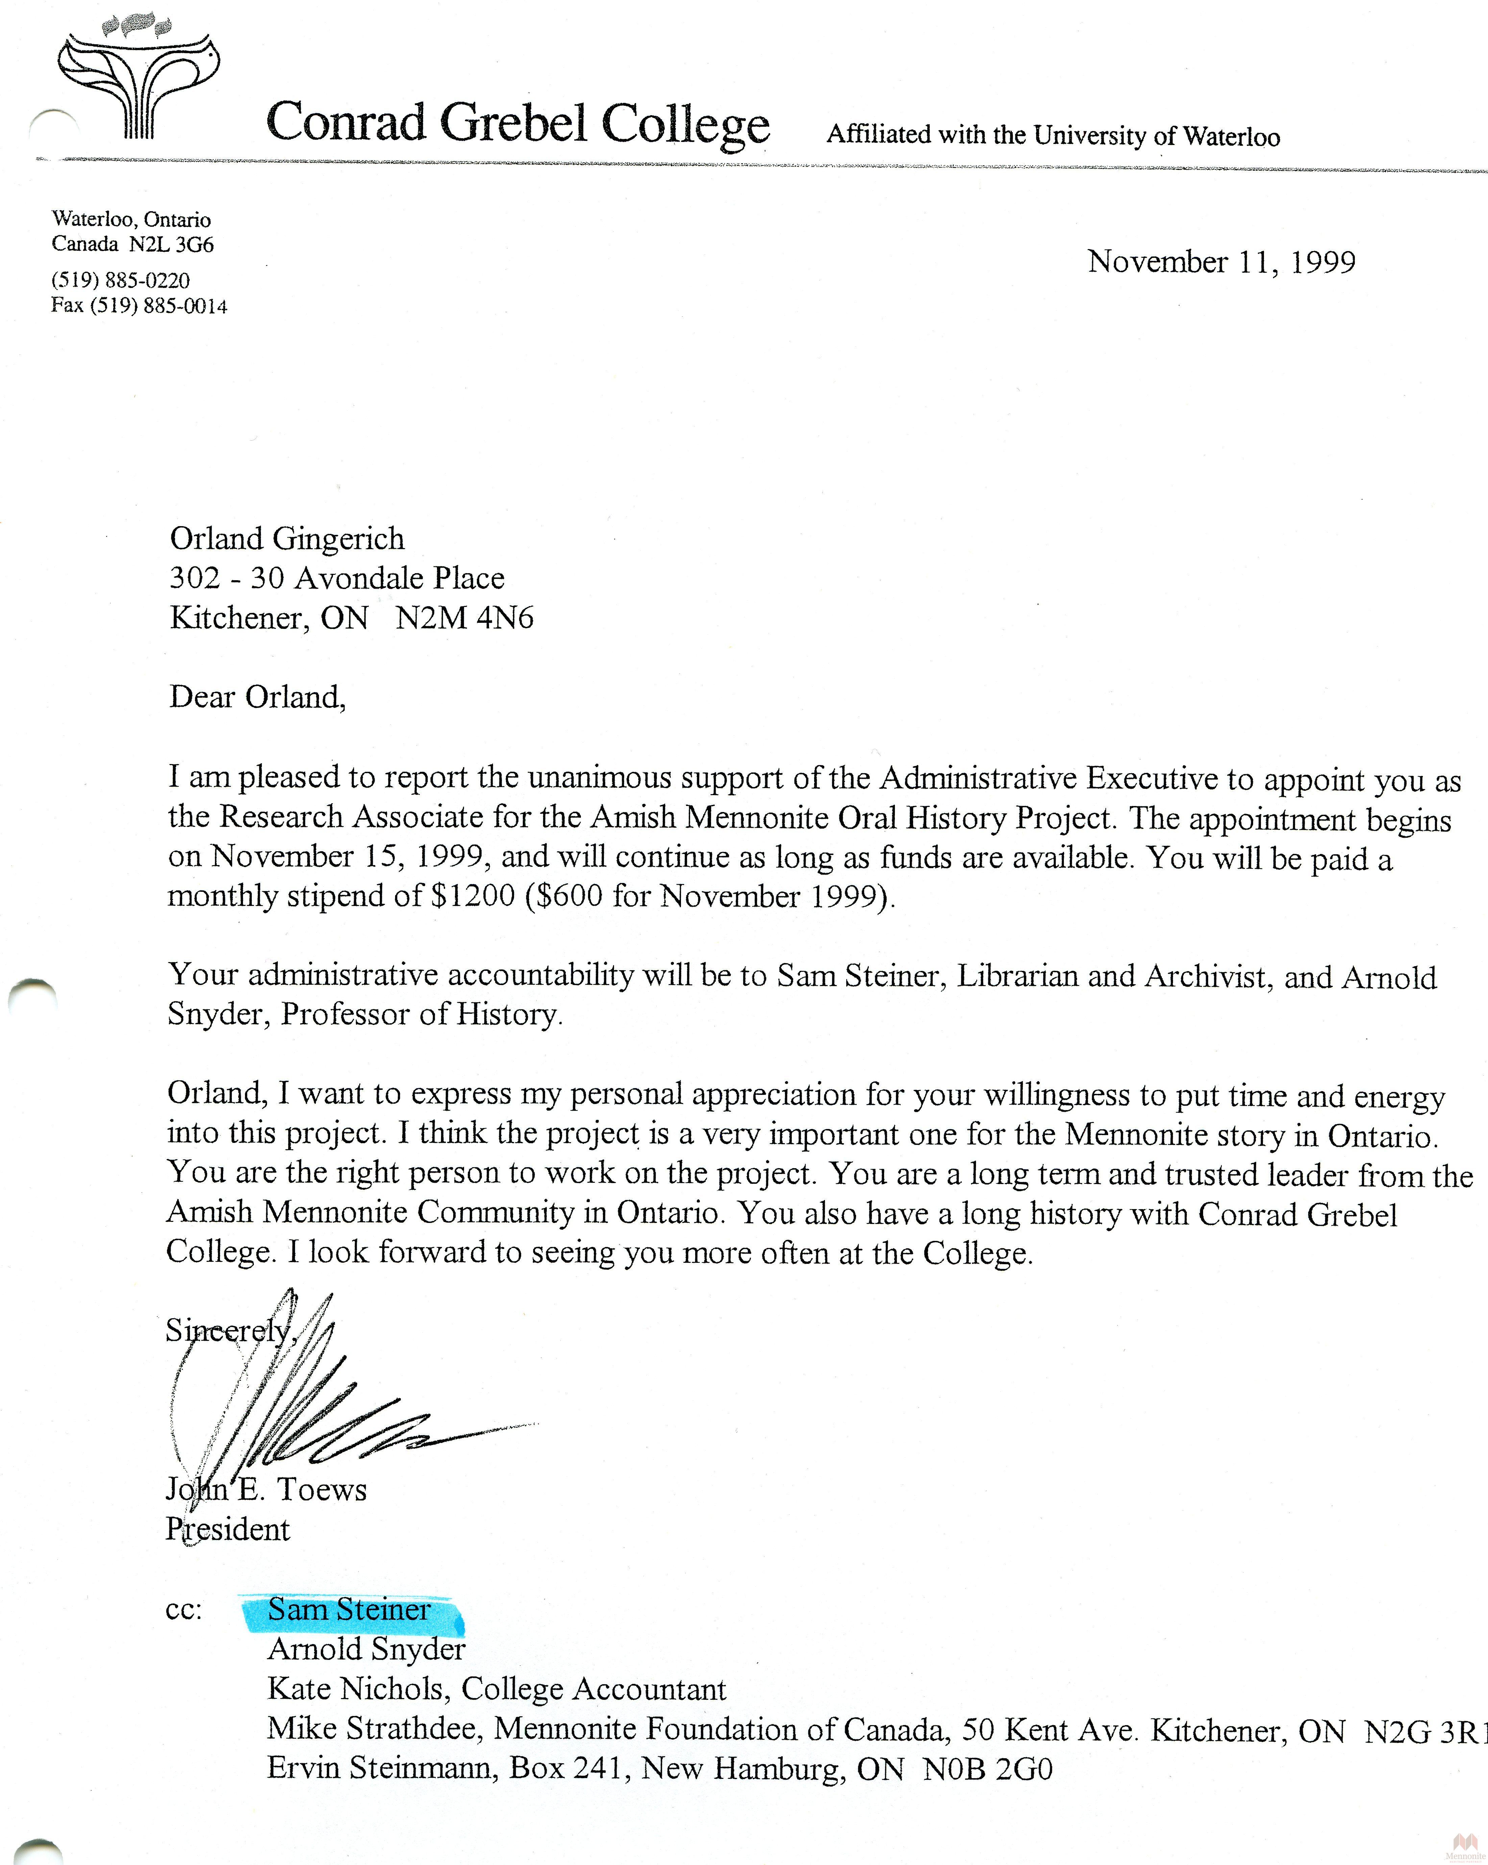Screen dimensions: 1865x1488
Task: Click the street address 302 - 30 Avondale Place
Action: pyautogui.click(x=337, y=578)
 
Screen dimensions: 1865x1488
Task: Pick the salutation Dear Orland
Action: pyautogui.click(x=257, y=696)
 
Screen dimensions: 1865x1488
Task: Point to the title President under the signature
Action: pyautogui.click(x=227, y=1529)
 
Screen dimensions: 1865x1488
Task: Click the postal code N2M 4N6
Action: pyautogui.click(x=465, y=618)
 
